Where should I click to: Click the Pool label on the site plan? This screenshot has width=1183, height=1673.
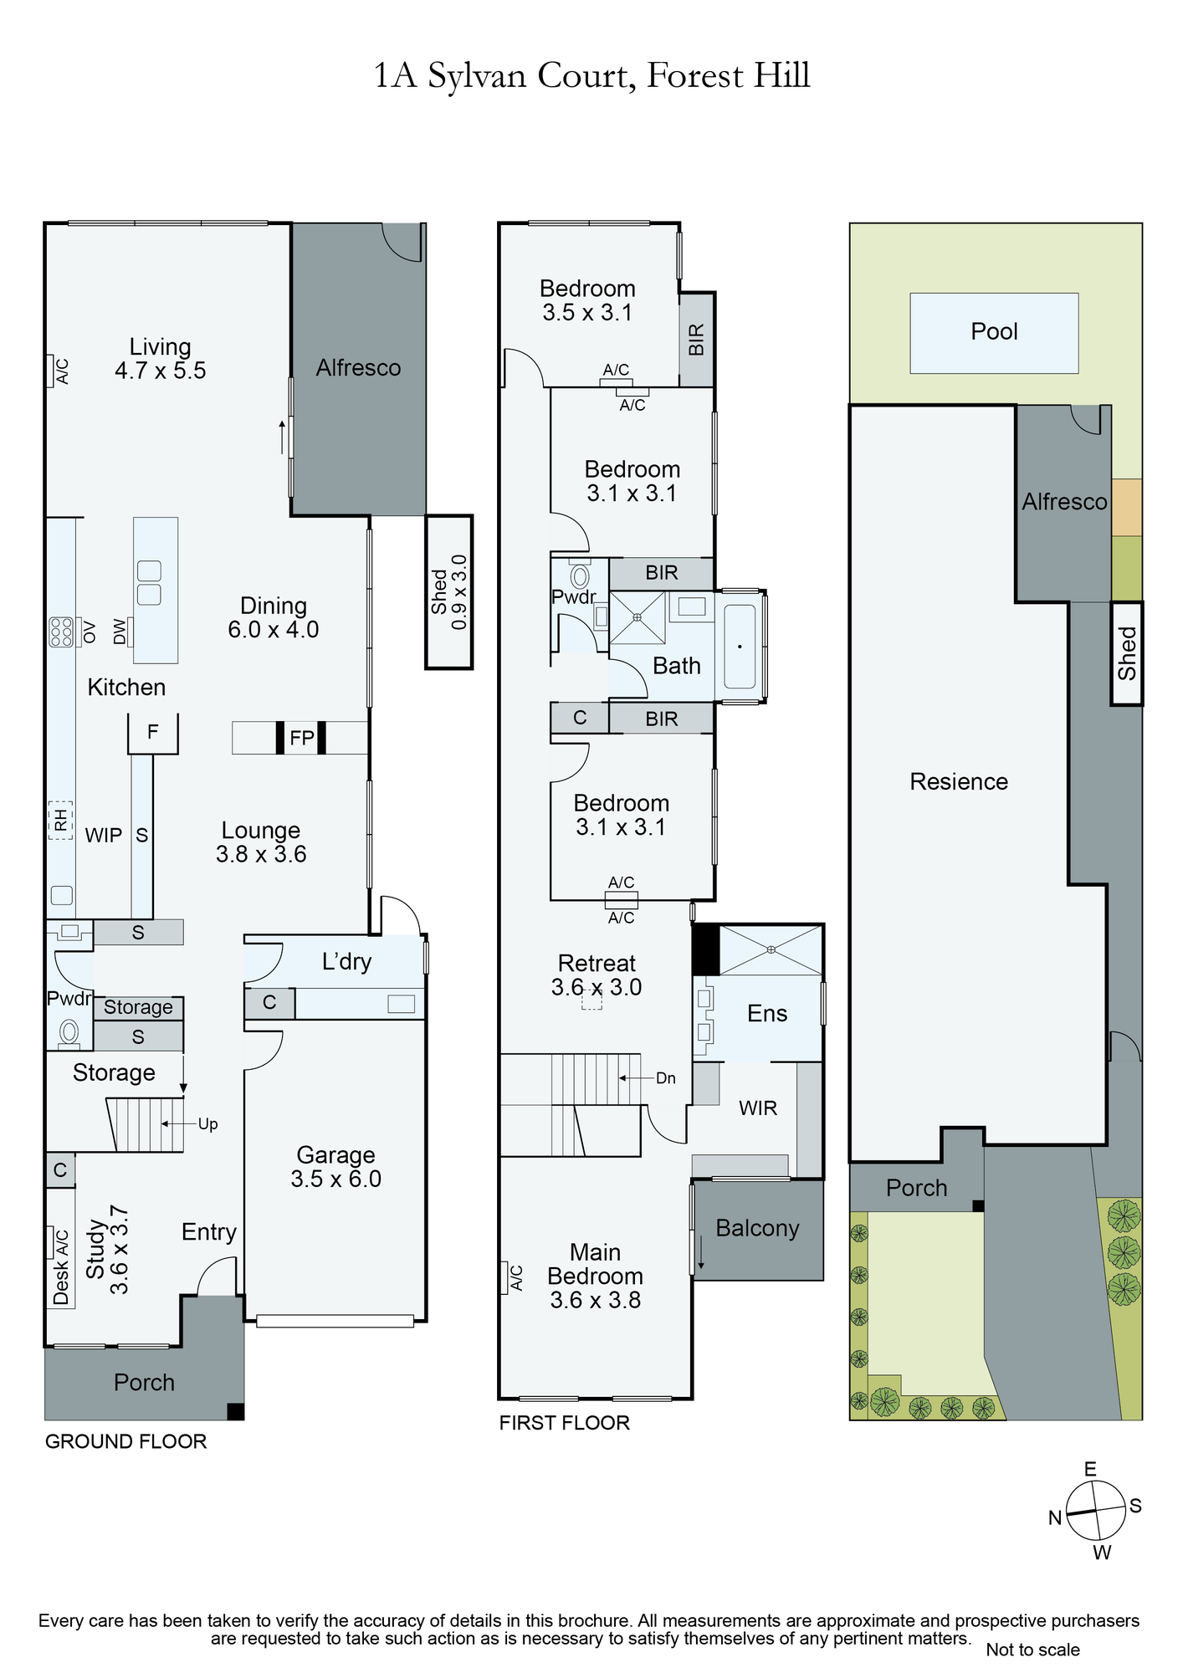coord(994,331)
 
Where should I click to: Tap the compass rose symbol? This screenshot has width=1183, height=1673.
coord(1096,1510)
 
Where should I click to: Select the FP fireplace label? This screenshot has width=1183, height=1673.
coord(301,738)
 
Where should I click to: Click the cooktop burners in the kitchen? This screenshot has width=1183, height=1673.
coord(61,632)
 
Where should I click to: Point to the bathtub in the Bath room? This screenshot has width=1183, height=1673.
coord(740,647)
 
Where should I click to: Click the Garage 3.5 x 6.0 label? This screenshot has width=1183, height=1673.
coord(335,1167)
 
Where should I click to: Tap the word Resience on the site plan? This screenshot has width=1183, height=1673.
coord(959,781)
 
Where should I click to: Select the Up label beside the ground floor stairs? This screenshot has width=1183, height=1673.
coord(207,1124)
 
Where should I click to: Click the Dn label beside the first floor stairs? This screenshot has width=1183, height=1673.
coord(666,1078)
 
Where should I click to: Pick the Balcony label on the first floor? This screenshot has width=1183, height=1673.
coord(757,1228)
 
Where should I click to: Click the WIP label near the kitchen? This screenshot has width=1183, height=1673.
coord(104,835)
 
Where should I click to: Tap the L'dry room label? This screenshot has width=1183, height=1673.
coord(346,962)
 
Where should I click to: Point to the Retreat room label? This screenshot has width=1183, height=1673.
coord(597,964)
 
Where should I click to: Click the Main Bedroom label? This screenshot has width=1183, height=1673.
coord(595,1276)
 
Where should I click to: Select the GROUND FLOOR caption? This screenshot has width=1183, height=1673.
coord(125,1441)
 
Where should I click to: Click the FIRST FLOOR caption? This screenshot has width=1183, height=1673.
coord(564,1423)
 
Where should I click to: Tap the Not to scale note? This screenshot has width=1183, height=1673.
coord(1032,1650)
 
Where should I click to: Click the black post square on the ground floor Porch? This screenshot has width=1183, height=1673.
coord(236,1411)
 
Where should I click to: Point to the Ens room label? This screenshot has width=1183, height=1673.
coord(767,1014)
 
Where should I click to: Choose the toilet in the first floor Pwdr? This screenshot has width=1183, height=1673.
coord(580,576)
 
